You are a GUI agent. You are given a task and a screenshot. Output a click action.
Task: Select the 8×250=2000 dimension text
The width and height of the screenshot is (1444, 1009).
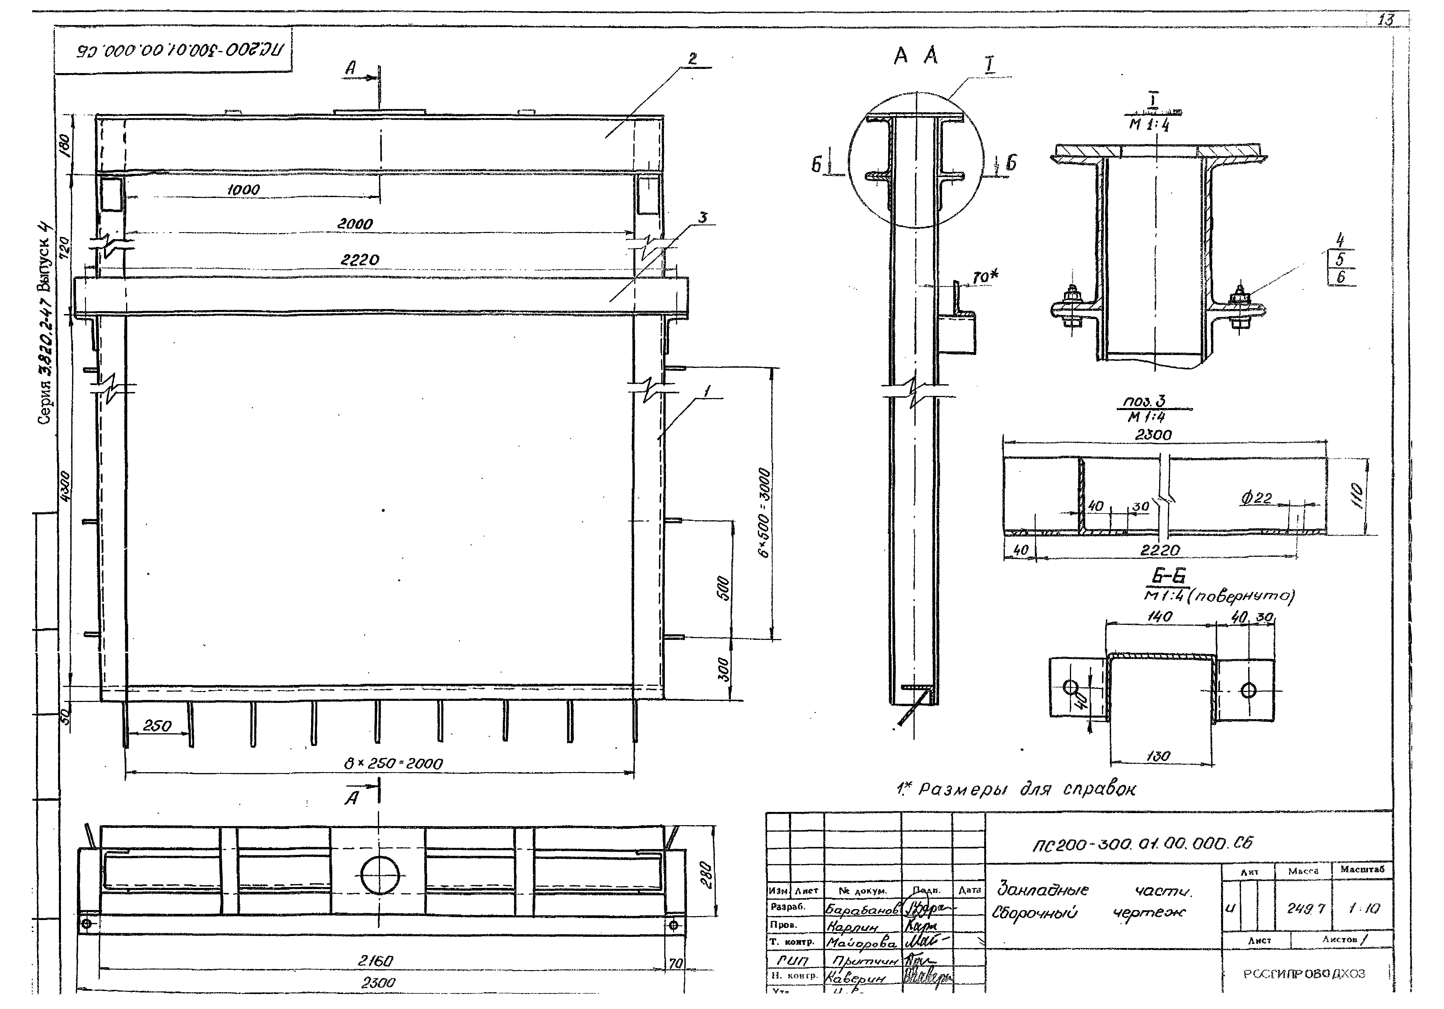point(393,764)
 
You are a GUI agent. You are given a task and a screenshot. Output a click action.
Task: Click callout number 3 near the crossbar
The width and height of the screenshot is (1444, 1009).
point(703,218)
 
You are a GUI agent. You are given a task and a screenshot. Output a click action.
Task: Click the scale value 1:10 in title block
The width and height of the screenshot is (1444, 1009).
point(1364,908)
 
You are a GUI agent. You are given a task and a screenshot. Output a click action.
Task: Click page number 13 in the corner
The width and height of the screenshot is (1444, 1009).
point(1385,20)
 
